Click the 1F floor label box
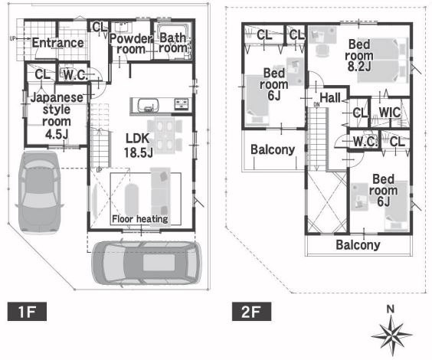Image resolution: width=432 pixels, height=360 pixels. coord(27,312)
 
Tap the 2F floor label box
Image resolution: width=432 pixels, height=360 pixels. coord(251,312)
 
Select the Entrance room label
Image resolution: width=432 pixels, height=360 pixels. coord(58,43)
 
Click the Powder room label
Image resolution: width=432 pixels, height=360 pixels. coord(131,44)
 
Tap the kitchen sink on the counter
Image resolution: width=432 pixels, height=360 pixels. coord(149,105)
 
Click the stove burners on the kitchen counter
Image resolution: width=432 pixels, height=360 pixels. coord(182,105)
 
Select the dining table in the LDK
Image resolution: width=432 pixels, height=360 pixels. coord(165,136)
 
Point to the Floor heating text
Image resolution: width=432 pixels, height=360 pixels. coord(140,219)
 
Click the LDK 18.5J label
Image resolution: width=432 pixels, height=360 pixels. coord(138,146)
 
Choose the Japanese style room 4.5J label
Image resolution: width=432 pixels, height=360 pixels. coord(57,116)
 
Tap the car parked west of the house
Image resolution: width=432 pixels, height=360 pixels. coord(39,191)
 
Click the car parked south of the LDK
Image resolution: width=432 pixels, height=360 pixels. coord(146,263)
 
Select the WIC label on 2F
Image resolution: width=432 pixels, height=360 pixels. coord(390,113)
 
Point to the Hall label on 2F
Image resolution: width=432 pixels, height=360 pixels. coord(330,97)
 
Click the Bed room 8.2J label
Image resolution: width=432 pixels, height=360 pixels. coord(359,55)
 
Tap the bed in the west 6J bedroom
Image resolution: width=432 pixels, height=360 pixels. coord(257,100)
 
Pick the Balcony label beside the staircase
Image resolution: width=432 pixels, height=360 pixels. coord(273,149)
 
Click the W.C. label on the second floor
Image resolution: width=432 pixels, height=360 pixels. coord(365,142)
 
